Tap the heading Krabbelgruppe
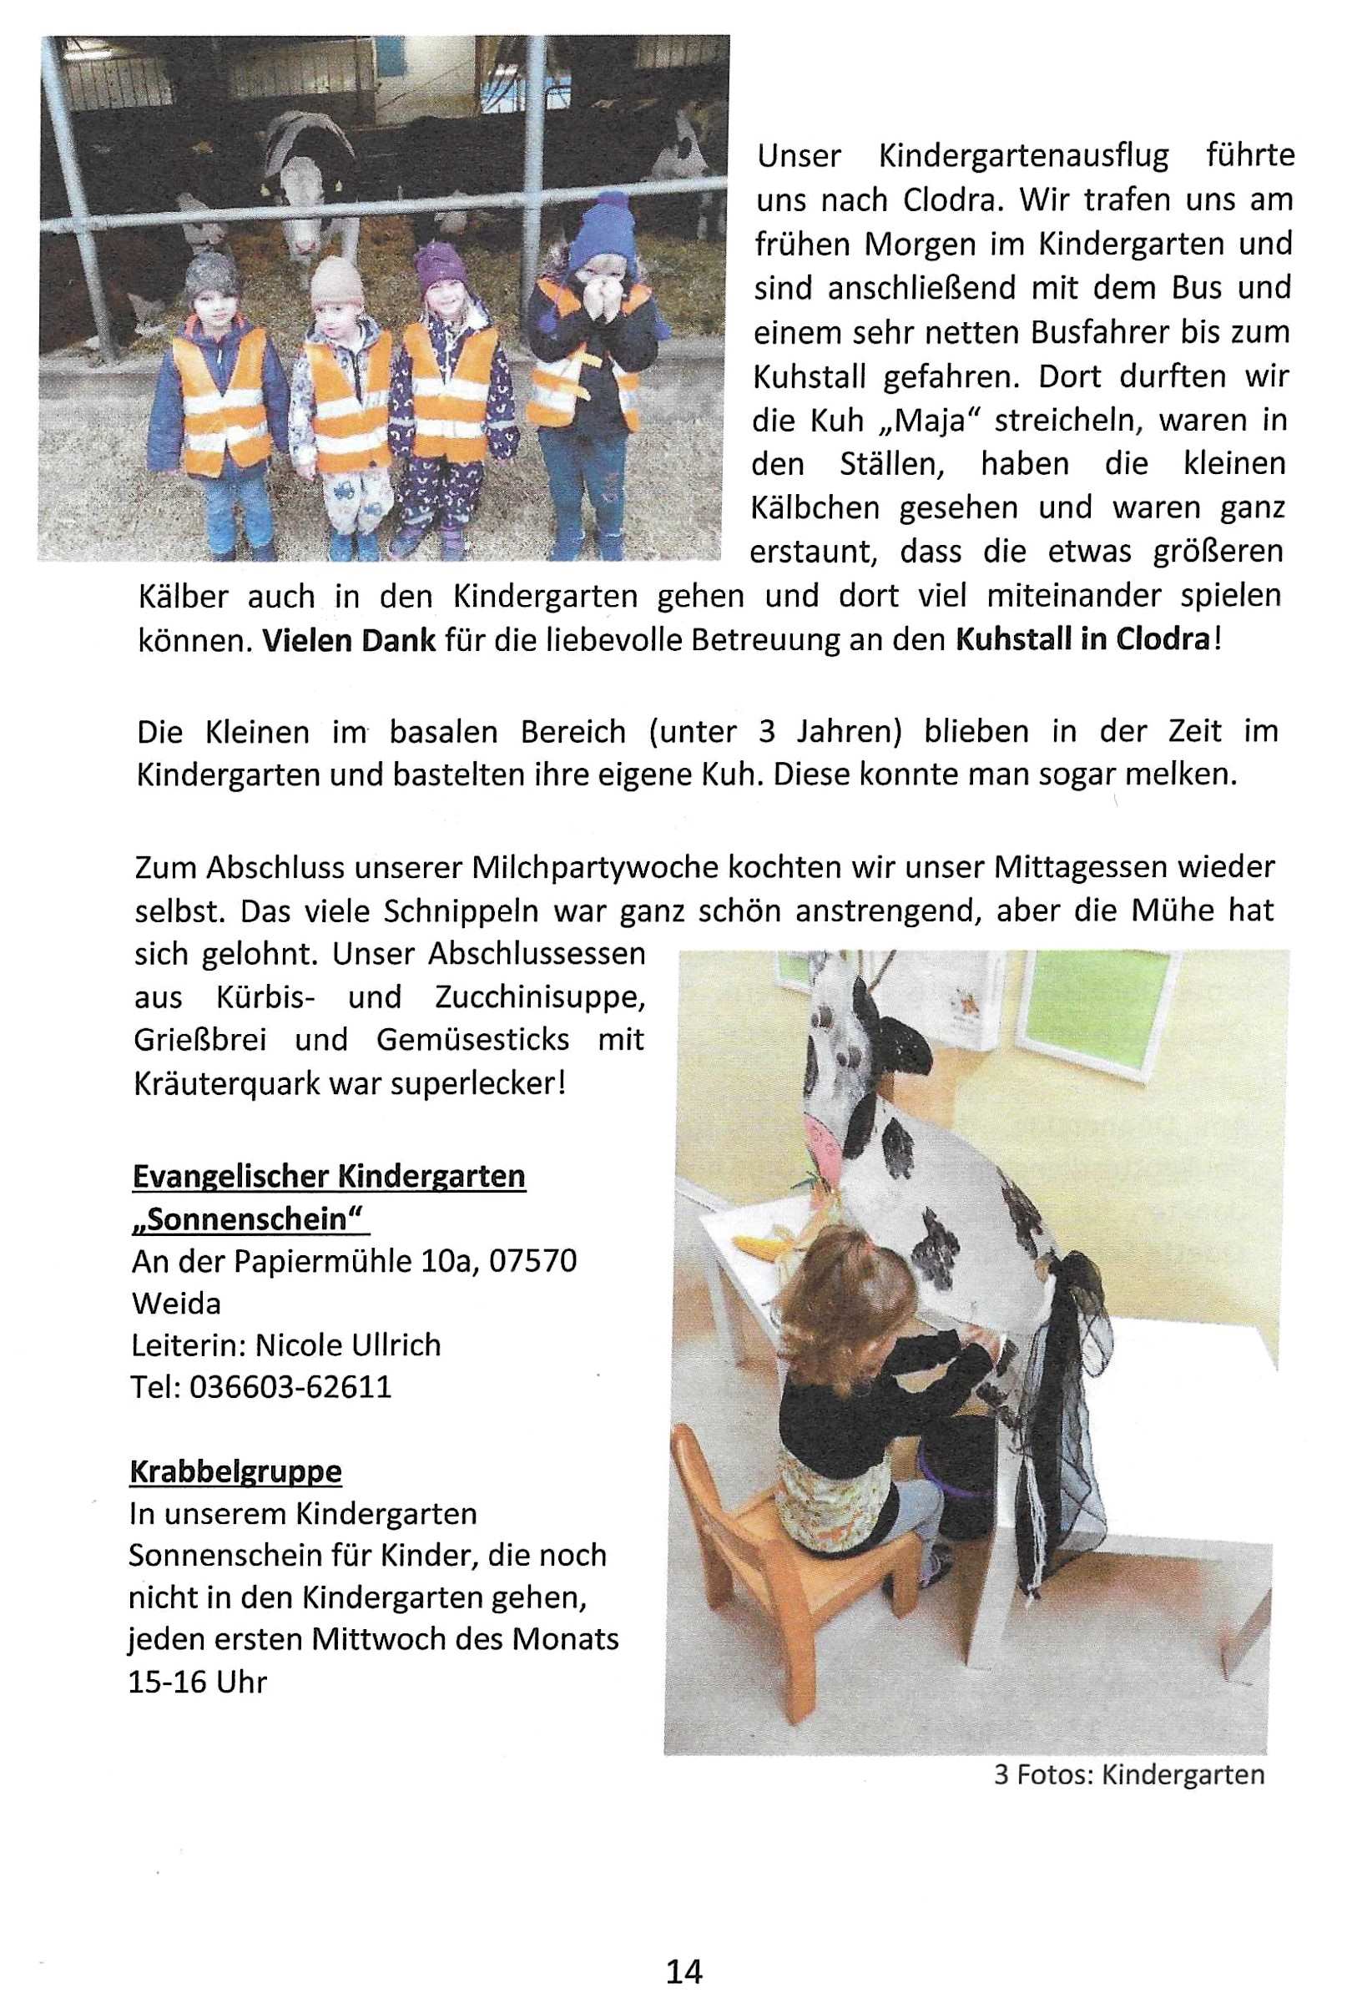[235, 1471]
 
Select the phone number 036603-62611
[290, 1387]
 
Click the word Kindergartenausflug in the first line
[1023, 156]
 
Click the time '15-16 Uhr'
[198, 1682]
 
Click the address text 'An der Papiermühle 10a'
[299, 1261]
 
